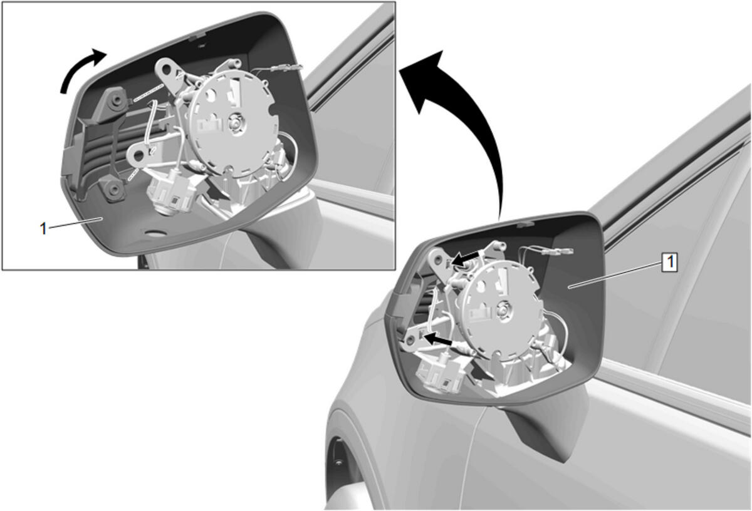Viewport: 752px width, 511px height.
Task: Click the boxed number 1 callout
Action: click(x=670, y=262)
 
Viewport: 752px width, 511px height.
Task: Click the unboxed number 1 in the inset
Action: click(x=43, y=229)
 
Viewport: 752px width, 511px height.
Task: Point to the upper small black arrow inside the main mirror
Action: click(x=464, y=259)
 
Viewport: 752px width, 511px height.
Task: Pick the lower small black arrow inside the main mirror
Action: click(x=439, y=339)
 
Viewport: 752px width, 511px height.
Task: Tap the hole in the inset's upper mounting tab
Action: click(x=167, y=71)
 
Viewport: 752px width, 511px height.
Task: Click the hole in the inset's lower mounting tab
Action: click(x=138, y=155)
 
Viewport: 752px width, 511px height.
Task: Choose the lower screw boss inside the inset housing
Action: click(x=115, y=190)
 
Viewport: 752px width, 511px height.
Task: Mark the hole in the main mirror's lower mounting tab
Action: click(x=410, y=341)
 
